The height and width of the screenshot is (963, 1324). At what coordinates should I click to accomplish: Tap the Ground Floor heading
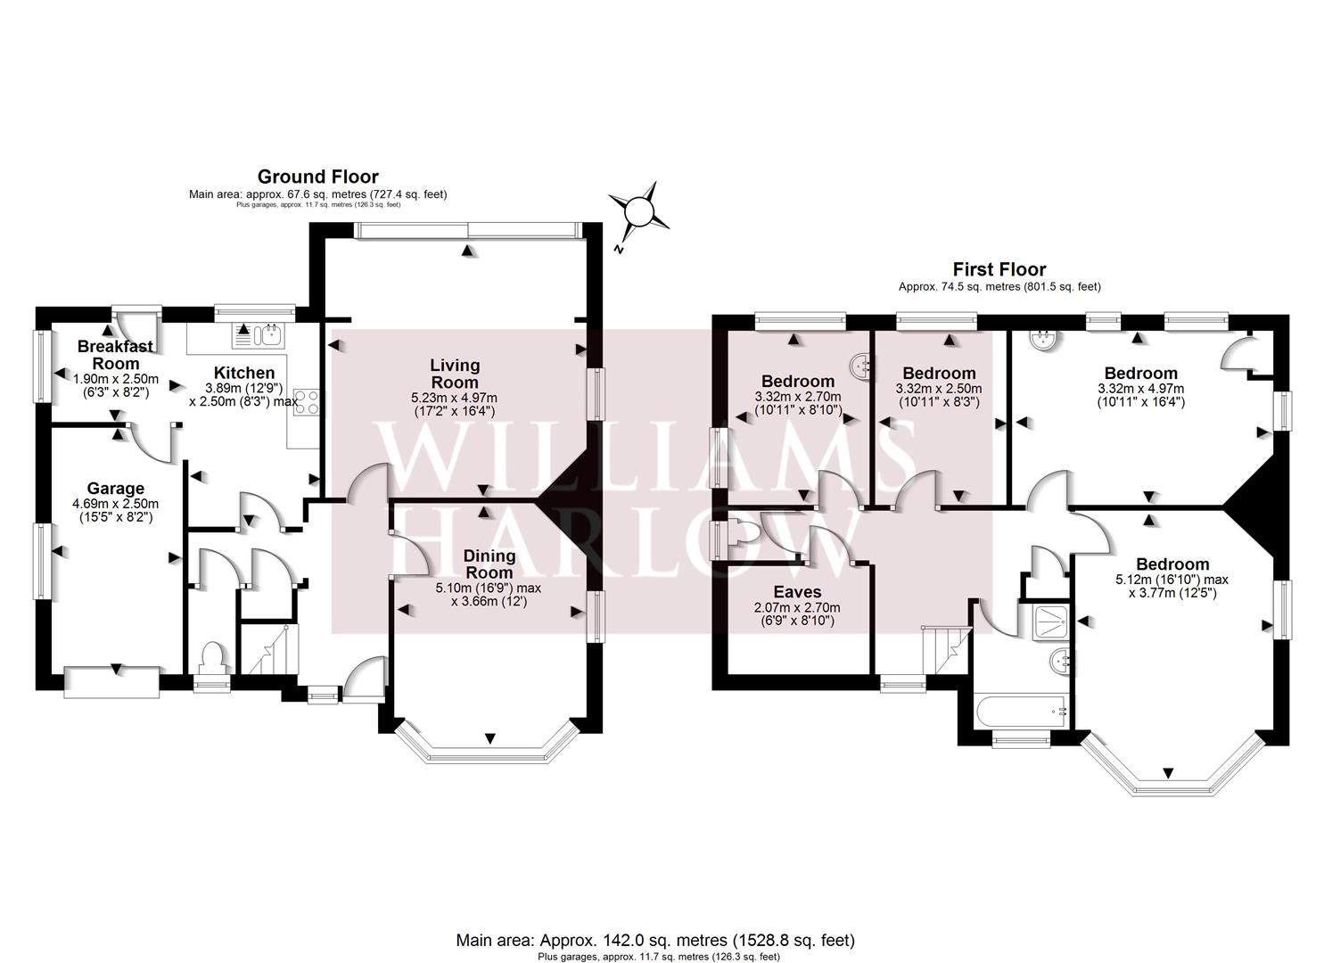click(318, 177)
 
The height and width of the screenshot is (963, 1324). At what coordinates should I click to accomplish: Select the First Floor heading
click(999, 269)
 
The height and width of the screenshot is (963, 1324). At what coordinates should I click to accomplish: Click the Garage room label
click(116, 489)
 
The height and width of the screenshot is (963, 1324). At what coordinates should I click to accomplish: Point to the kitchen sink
click(270, 335)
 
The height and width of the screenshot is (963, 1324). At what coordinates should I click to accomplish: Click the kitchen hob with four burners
click(307, 401)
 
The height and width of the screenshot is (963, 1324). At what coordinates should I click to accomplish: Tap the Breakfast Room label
click(115, 354)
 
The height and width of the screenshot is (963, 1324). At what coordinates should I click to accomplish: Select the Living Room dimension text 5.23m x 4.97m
click(454, 398)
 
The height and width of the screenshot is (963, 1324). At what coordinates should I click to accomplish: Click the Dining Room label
click(489, 564)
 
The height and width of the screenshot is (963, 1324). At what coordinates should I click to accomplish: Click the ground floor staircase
click(271, 649)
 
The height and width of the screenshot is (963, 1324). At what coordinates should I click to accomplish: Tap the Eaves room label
click(797, 592)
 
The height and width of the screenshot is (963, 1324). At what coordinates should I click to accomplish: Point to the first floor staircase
click(946, 650)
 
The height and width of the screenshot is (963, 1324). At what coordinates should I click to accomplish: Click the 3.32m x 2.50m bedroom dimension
click(939, 389)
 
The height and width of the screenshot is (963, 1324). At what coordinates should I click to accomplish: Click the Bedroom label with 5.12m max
click(1172, 564)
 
